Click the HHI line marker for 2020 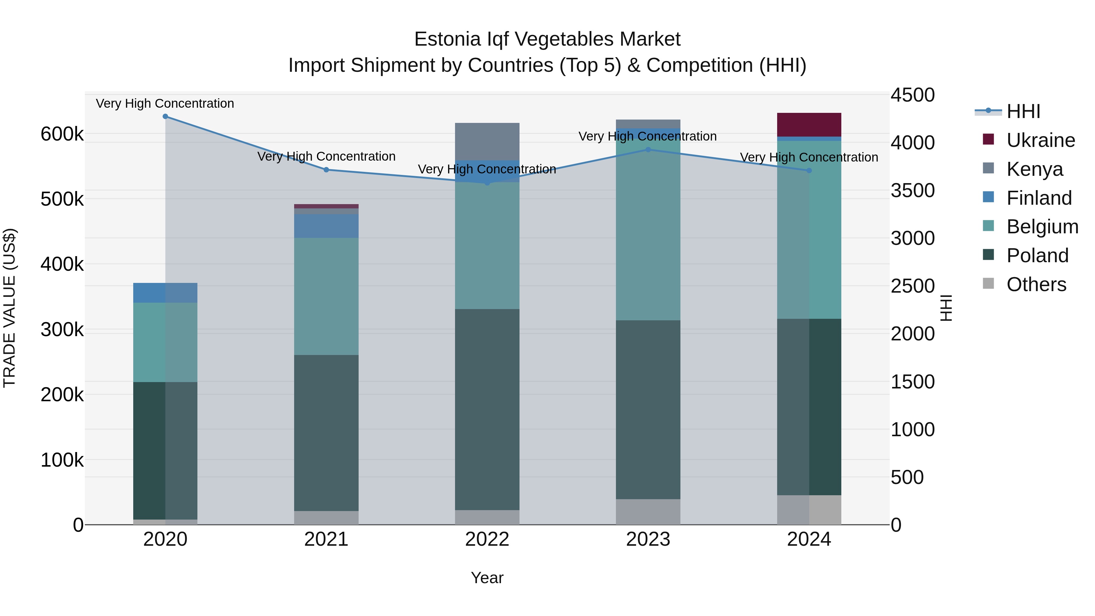pos(165,117)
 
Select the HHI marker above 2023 pos(648,150)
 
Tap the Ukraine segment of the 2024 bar pos(809,124)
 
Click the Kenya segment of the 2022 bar pos(487,141)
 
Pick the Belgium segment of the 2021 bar pos(326,296)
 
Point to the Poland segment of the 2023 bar pos(648,409)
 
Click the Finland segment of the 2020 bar pos(165,292)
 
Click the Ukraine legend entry pos(1040,140)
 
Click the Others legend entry pos(1036,284)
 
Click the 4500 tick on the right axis pos(912,95)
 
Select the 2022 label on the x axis pos(487,539)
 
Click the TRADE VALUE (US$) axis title pos(10,308)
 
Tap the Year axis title pos(487,578)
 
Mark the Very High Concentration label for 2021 pos(326,156)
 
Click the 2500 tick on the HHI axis pos(912,286)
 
